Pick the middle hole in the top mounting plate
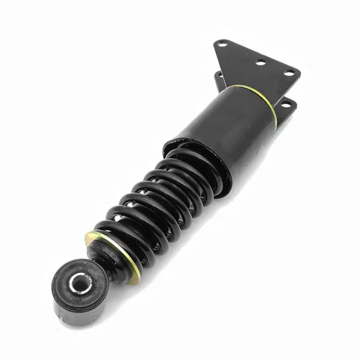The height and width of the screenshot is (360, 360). [259, 63]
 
